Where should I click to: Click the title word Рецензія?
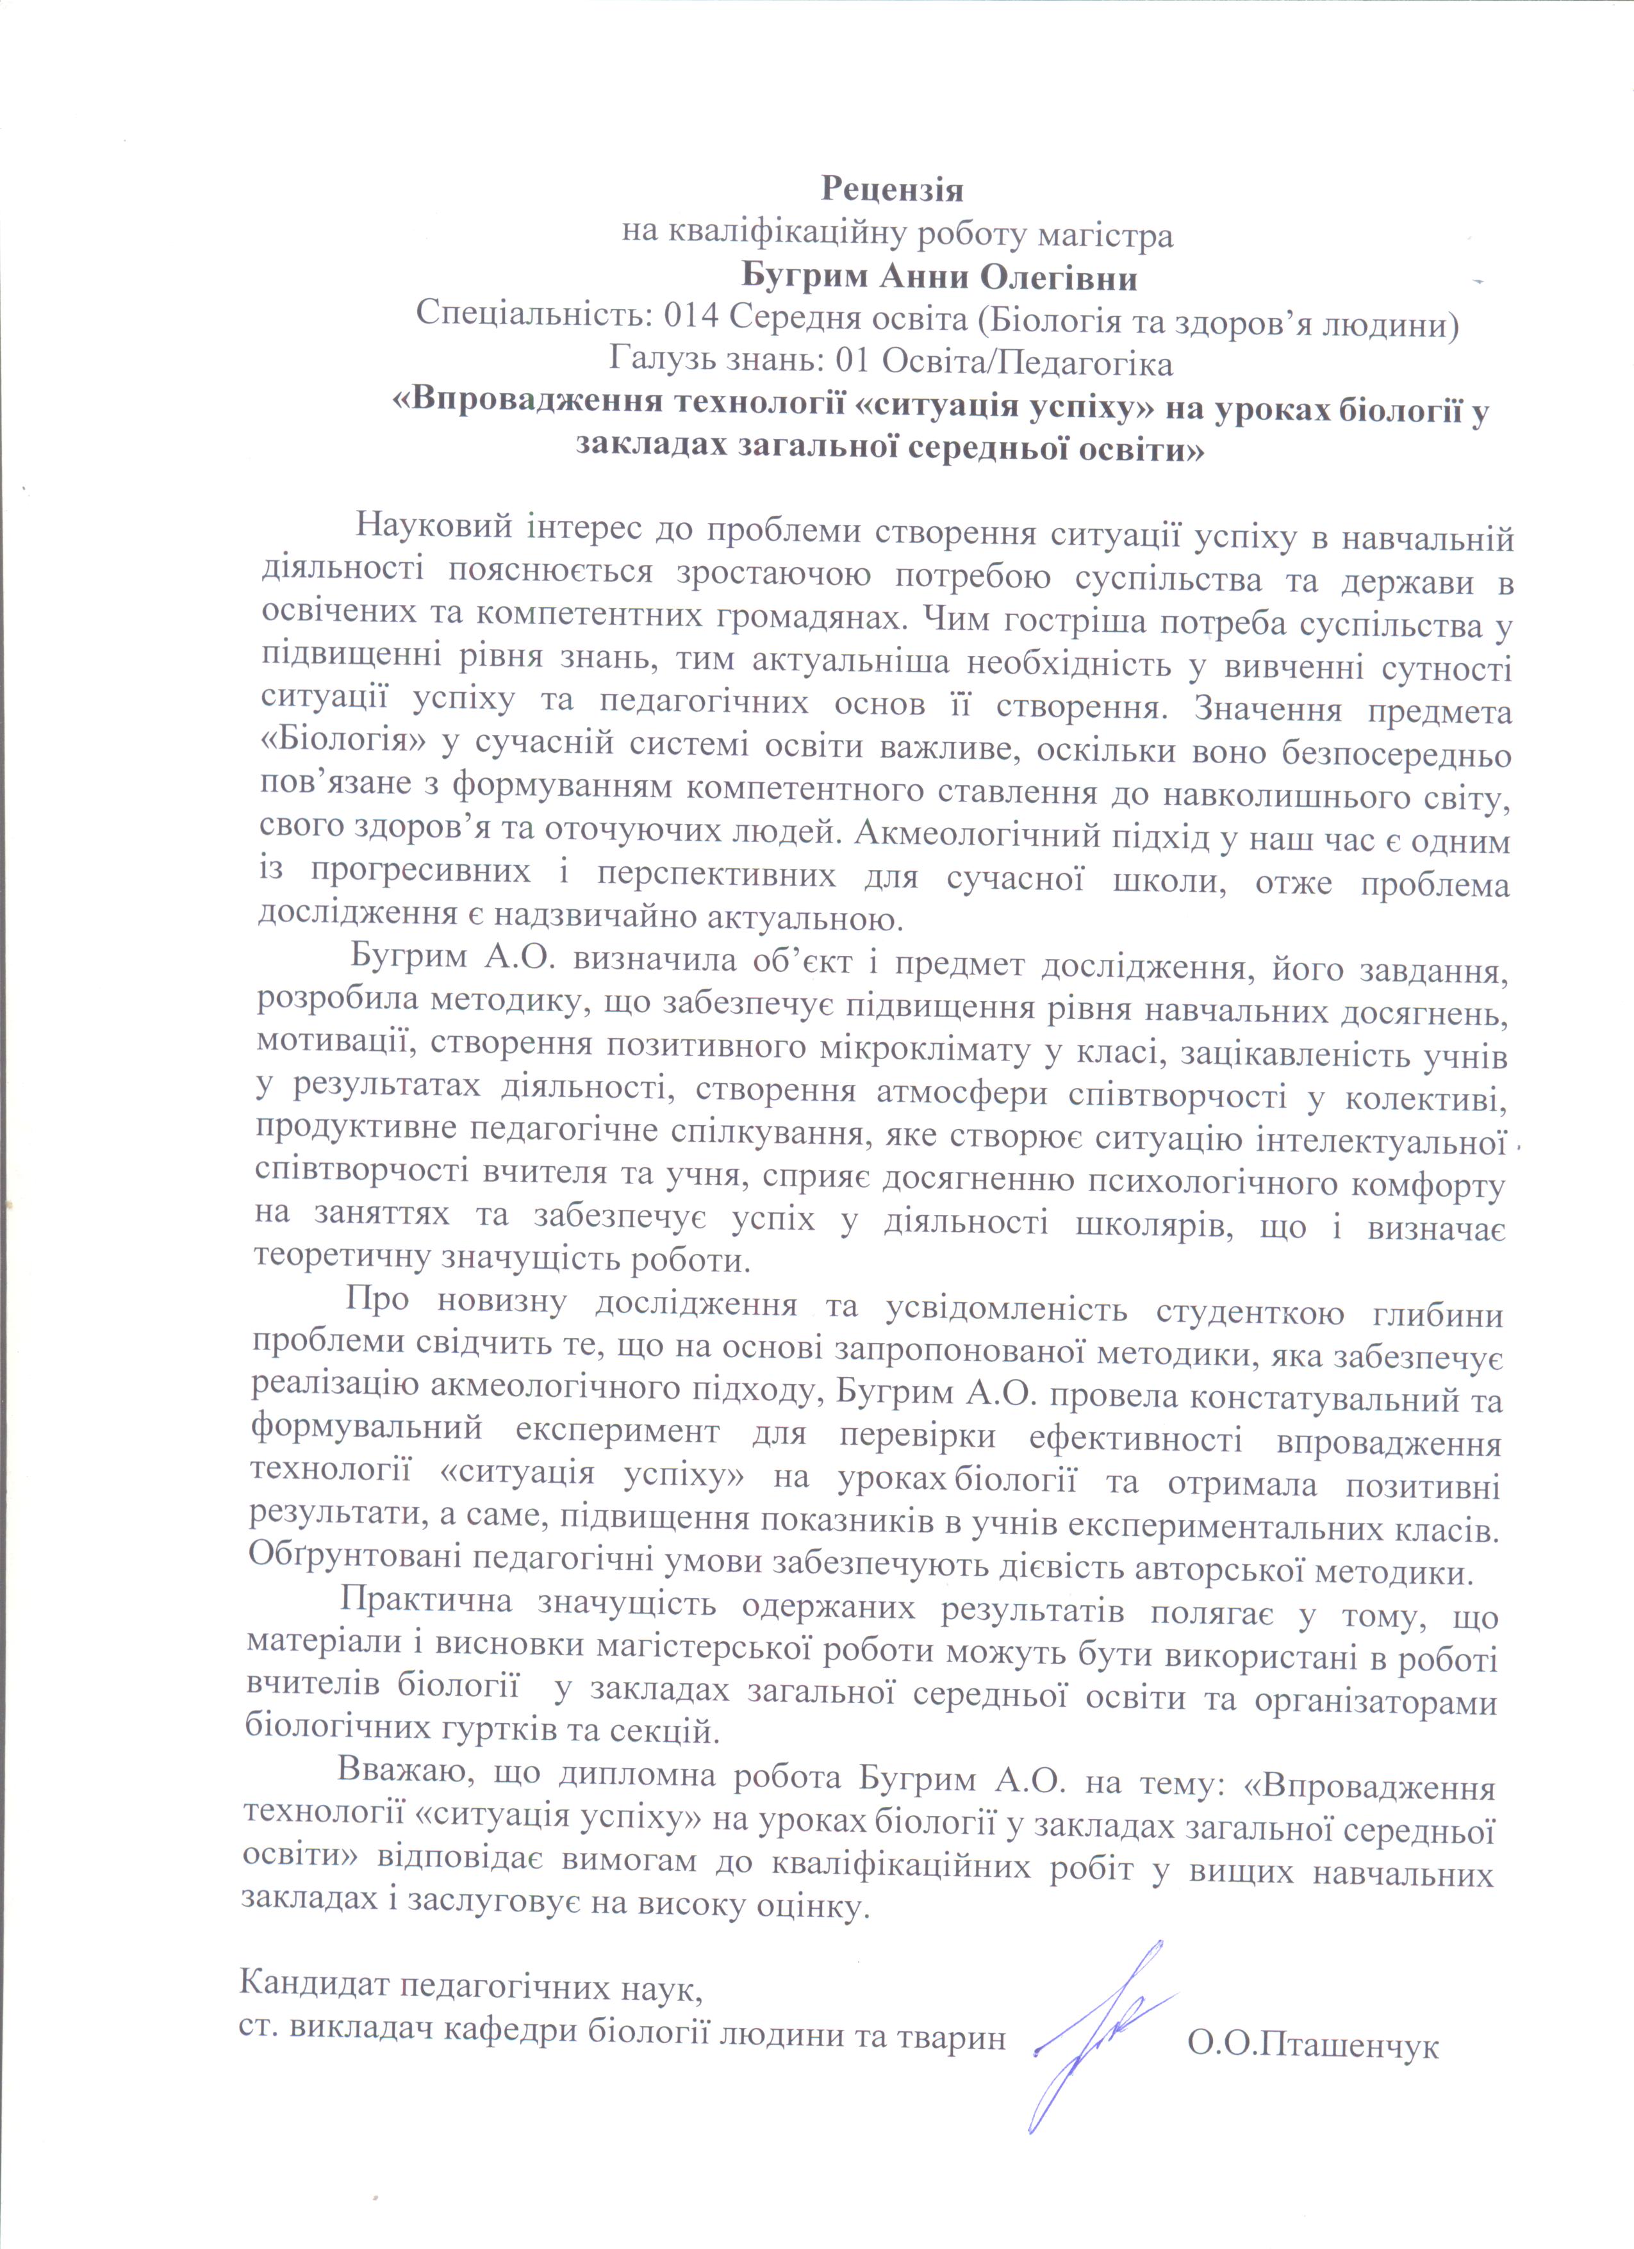893,188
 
